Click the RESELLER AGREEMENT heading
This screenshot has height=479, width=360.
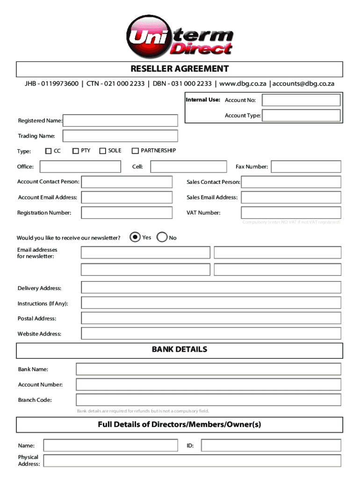coord(180,69)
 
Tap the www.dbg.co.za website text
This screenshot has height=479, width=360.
coord(243,84)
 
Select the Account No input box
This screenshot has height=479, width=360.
coord(301,100)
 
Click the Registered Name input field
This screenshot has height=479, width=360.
coord(120,121)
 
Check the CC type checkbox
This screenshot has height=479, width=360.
coord(48,151)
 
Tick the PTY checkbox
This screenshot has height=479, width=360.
coord(75,151)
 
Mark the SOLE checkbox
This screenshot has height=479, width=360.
coord(103,151)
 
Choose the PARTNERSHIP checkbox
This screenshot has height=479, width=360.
coord(135,151)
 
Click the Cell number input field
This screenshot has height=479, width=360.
coord(188,167)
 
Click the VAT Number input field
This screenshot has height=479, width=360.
coord(291,213)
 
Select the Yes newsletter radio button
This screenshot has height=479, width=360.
coord(135,237)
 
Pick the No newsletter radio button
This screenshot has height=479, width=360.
coord(162,237)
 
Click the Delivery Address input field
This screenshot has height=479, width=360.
coord(211,288)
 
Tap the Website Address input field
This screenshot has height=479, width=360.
coord(211,334)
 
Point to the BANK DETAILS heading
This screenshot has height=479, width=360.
coord(180,350)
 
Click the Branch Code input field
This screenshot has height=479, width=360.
coord(209,400)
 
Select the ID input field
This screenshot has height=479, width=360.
coord(271,446)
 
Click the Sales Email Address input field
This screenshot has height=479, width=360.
coord(291,197)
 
